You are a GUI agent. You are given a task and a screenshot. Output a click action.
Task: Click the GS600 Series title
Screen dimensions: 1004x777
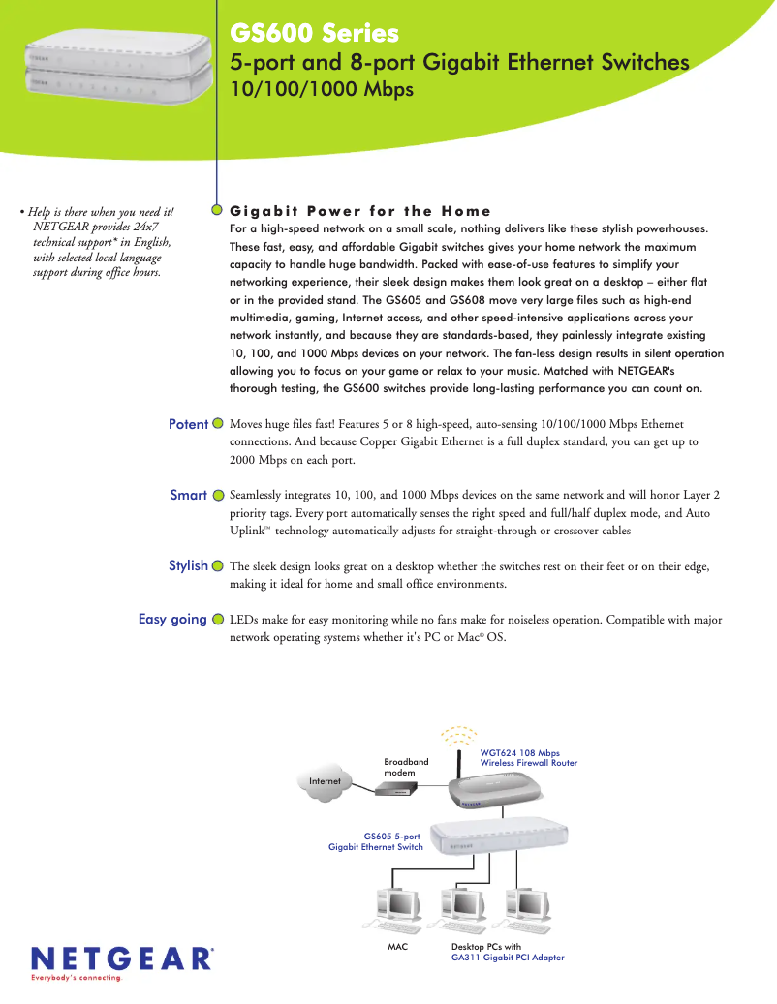(314, 34)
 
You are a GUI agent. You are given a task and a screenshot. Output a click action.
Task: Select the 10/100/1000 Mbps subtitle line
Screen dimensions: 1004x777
(322, 90)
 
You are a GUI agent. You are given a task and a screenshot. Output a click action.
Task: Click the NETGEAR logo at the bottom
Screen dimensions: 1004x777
(122, 958)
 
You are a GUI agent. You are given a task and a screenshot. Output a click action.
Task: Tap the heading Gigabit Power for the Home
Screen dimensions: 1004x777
(360, 211)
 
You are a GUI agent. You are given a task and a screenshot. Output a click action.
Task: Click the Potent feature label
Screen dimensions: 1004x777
(188, 424)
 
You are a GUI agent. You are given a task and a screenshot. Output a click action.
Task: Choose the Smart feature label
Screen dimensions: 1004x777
(188, 495)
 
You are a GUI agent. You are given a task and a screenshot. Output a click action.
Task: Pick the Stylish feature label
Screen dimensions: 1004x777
(188, 565)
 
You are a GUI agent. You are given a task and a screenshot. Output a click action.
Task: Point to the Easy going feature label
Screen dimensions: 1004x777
(172, 619)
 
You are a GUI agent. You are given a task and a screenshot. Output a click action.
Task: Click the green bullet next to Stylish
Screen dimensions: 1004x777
(218, 565)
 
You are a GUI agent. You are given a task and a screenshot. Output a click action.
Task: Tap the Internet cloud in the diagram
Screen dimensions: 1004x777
(326, 780)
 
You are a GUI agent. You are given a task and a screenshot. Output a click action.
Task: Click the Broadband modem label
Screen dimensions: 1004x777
(406, 767)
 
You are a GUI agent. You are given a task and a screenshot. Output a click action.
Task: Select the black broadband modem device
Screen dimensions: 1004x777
(397, 791)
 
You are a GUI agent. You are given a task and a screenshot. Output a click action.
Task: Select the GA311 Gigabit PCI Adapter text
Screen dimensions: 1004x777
(508, 958)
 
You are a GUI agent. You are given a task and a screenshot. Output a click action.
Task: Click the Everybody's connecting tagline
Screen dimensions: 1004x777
(78, 978)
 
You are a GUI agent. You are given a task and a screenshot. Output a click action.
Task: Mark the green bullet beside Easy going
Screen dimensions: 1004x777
(218, 619)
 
